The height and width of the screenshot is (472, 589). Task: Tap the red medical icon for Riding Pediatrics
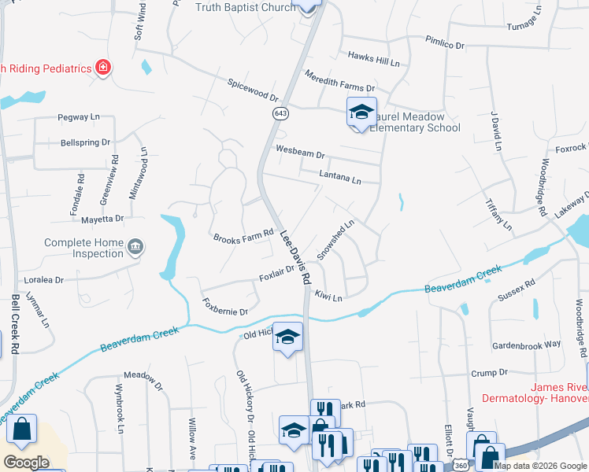(102, 68)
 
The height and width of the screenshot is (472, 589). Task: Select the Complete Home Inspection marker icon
(135, 249)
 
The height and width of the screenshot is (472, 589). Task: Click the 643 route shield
(281, 114)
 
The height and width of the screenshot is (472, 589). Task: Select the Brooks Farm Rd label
(243, 235)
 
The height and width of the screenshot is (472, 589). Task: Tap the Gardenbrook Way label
(525, 345)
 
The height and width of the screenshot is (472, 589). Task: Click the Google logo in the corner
(26, 463)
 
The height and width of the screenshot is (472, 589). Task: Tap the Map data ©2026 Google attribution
(541, 466)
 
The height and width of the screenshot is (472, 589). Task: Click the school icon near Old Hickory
(287, 337)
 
